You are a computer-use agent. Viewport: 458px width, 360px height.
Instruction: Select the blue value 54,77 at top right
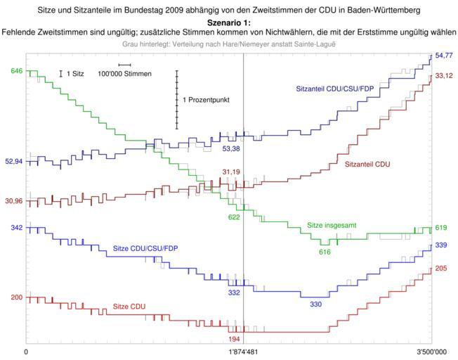click(x=443, y=55)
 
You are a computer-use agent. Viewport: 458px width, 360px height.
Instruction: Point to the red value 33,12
click(x=443, y=75)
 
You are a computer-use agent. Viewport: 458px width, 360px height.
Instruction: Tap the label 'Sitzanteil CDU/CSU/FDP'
click(x=334, y=89)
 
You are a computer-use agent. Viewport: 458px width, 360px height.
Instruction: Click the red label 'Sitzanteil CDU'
click(x=367, y=163)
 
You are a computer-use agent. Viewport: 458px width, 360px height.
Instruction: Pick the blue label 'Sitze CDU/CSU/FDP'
click(x=145, y=249)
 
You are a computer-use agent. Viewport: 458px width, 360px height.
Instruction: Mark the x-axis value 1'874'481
click(x=243, y=351)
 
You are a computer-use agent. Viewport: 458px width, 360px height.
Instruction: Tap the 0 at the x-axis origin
click(x=27, y=351)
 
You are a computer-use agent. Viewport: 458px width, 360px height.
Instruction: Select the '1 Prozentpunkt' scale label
click(x=206, y=100)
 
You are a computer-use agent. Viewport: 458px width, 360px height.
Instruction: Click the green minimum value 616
click(x=325, y=252)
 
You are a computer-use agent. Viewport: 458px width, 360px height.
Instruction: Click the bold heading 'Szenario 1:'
click(x=228, y=22)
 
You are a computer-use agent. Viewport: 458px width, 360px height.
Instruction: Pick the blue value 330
click(x=316, y=304)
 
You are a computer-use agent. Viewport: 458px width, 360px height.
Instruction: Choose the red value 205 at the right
click(x=440, y=268)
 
